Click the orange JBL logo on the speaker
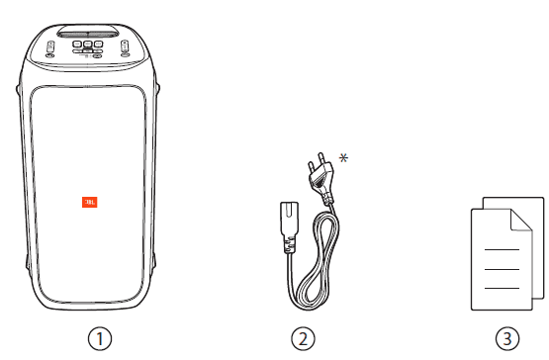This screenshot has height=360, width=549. pos(90,202)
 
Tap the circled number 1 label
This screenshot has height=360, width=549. pos(100,338)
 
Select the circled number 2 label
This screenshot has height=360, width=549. pos(304,338)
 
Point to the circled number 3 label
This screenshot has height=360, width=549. pos(507,338)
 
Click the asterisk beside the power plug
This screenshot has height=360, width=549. pos(343,158)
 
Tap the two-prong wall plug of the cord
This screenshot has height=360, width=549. pos(320,177)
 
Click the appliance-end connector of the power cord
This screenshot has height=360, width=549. pos(289,225)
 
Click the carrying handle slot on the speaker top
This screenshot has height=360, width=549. pos(88,35)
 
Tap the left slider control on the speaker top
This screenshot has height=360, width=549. pos(50,45)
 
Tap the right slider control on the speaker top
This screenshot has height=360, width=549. pos(125,45)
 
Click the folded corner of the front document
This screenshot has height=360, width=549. pos(521,221)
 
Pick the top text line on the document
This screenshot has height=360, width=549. pos(502,249)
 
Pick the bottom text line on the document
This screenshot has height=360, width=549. pos(502,288)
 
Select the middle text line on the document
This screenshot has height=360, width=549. pos(502,269)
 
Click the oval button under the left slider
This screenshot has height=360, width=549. pos(50,55)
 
